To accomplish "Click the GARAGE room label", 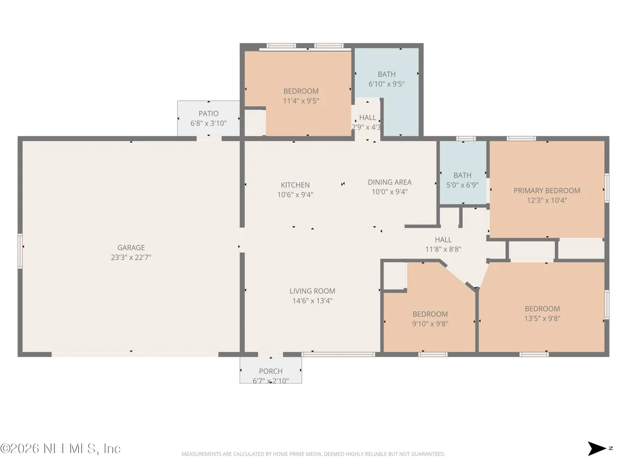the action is point(131,248).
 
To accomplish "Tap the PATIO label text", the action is point(208,114).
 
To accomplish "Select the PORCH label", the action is point(270,371).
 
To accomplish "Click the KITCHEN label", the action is point(295,185).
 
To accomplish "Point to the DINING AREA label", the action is point(389,182).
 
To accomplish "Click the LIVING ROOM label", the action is point(312,291).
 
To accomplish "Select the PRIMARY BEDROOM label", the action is point(547,191).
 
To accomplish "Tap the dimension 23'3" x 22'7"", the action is point(131,258).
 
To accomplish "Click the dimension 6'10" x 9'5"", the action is point(386,84).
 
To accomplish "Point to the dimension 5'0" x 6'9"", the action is point(462,185).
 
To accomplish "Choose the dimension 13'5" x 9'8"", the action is point(542,318).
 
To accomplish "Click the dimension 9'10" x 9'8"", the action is point(430,324).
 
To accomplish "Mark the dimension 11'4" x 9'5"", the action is point(300,101).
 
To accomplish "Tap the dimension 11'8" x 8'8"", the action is point(443,249).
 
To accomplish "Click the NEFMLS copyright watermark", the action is point(61,449).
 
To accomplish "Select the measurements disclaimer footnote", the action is point(313,454).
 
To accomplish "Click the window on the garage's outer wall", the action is point(20,251).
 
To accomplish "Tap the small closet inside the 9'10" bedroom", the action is point(395,275).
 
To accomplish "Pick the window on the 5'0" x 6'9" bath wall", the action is point(466,139).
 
